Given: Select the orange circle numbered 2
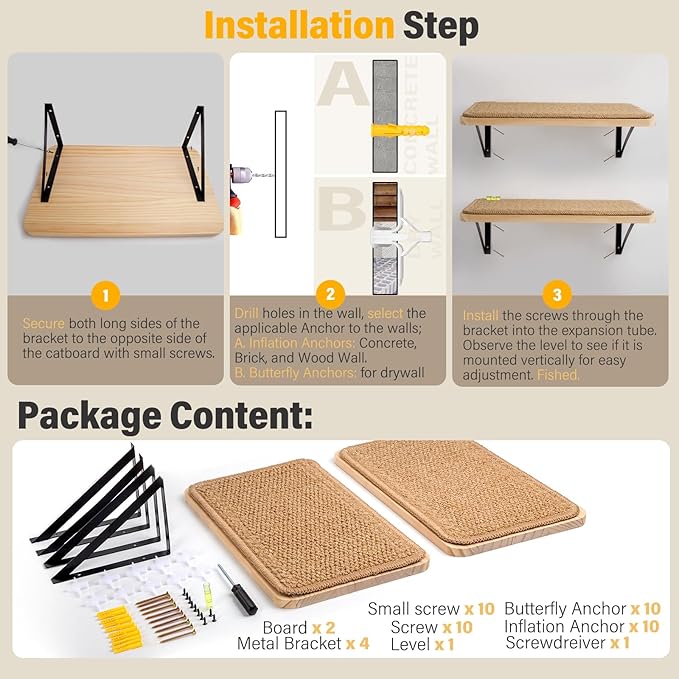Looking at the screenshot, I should click(330, 295).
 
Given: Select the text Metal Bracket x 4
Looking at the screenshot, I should click(303, 644).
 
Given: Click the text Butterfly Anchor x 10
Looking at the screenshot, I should click(582, 609).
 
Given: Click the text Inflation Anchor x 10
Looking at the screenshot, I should click(581, 626).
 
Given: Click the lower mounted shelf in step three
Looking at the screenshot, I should click(556, 212).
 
